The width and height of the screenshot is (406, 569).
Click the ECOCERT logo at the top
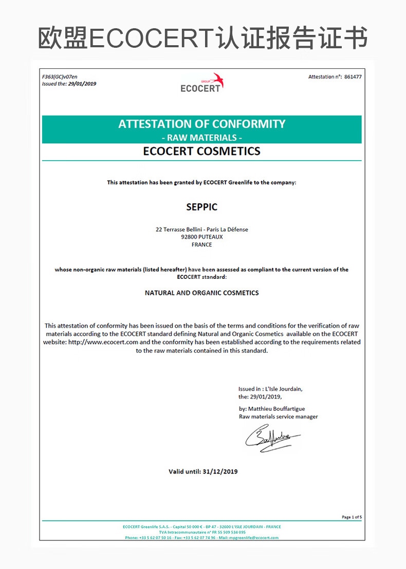[x=201, y=83]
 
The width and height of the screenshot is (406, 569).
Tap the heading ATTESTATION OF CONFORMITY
[x=201, y=124]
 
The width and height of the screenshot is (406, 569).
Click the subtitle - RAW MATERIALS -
[x=201, y=138]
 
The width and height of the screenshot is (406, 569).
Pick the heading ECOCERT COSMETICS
[x=201, y=151]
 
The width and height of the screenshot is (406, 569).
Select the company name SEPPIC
[x=201, y=207]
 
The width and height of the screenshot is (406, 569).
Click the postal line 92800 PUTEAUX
[x=201, y=237]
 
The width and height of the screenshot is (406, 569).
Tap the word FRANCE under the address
[x=201, y=245]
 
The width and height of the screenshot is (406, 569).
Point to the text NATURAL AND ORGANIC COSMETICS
[x=201, y=293]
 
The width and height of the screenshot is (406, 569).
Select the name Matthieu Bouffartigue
[x=280, y=409]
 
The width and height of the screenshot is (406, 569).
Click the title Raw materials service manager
[x=278, y=416]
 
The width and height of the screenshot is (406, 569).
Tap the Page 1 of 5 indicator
[x=352, y=517]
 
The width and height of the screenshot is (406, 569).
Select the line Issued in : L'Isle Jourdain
[x=270, y=389]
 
